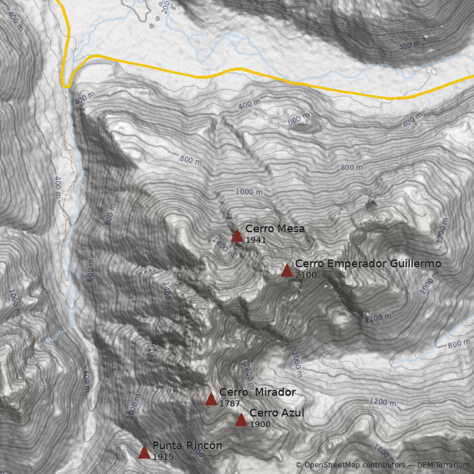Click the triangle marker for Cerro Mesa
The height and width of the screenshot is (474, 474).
(x=237, y=235)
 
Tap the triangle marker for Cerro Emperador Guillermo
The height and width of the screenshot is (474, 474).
(x=287, y=270)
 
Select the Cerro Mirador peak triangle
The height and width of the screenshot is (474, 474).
(x=211, y=399)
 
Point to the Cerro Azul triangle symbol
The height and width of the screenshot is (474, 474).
(x=241, y=419)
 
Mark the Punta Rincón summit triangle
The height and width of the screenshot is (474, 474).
(x=144, y=452)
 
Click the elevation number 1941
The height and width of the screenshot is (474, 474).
(x=255, y=241)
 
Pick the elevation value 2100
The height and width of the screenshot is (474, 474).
(x=305, y=276)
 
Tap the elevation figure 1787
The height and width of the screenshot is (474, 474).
(x=229, y=404)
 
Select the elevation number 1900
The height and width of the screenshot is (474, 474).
(x=260, y=425)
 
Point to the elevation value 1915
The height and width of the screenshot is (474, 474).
(x=162, y=457)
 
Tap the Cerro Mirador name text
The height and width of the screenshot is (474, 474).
(x=257, y=392)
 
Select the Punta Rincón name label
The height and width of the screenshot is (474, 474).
(x=187, y=446)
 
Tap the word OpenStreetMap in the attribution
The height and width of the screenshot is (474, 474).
(x=331, y=466)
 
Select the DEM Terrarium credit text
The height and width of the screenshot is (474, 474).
(x=443, y=466)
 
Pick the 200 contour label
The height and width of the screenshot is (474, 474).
(x=165, y=6)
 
